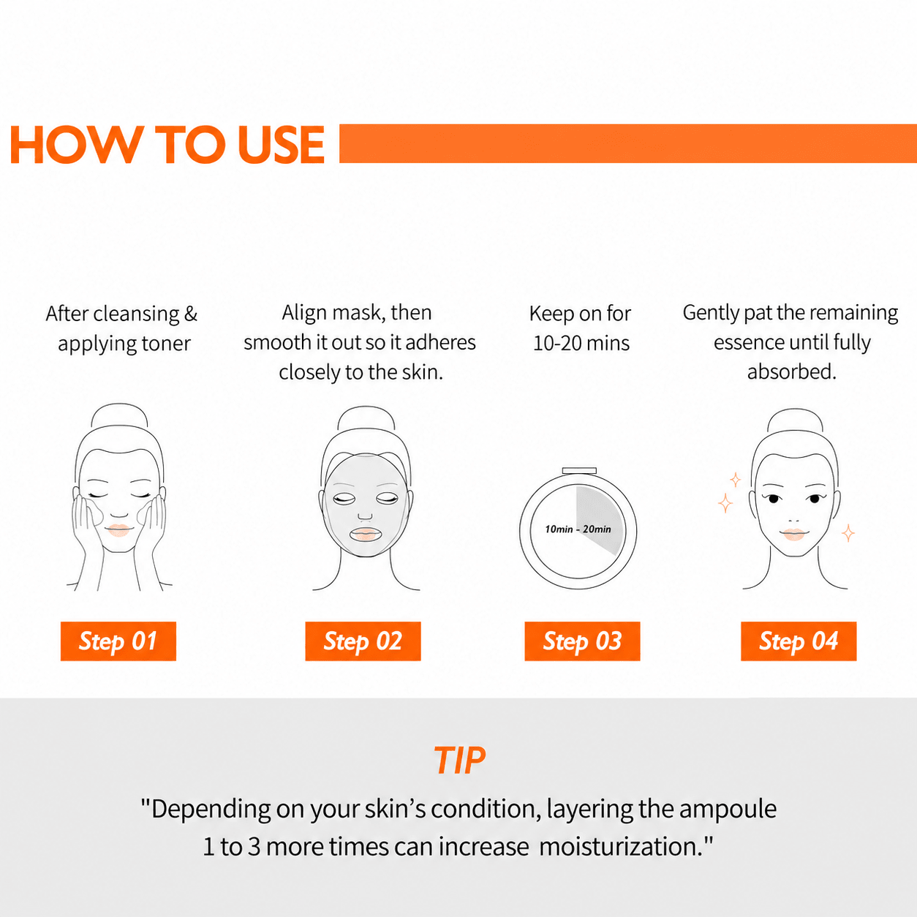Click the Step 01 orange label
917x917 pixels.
[x=118, y=641]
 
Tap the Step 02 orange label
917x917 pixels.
[x=363, y=641]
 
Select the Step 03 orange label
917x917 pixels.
[x=582, y=641]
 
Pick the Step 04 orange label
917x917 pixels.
[x=799, y=641]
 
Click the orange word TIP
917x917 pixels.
[x=459, y=760]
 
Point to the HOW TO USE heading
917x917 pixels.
[x=167, y=145]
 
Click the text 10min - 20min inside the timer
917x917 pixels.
[x=578, y=529]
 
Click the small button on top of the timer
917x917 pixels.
[x=579, y=471]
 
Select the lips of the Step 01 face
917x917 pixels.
[x=118, y=531]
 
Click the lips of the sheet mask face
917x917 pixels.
[x=366, y=533]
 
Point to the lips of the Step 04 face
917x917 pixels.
[x=793, y=534]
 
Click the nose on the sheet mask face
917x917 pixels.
[x=365, y=516]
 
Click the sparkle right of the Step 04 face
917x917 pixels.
[x=848, y=533]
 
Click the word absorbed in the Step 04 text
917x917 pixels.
[x=791, y=371]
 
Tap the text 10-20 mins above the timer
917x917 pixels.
[x=581, y=343]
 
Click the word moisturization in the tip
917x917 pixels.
[x=621, y=847]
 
